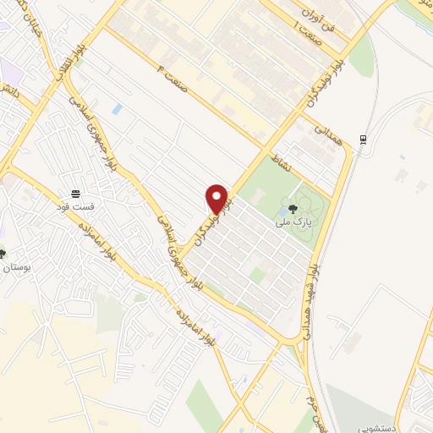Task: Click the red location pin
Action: click(218, 199)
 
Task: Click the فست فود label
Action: click(75, 206)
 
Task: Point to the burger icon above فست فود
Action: click(75, 192)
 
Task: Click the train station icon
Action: click(363, 139)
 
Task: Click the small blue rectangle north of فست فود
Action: click(117, 108)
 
